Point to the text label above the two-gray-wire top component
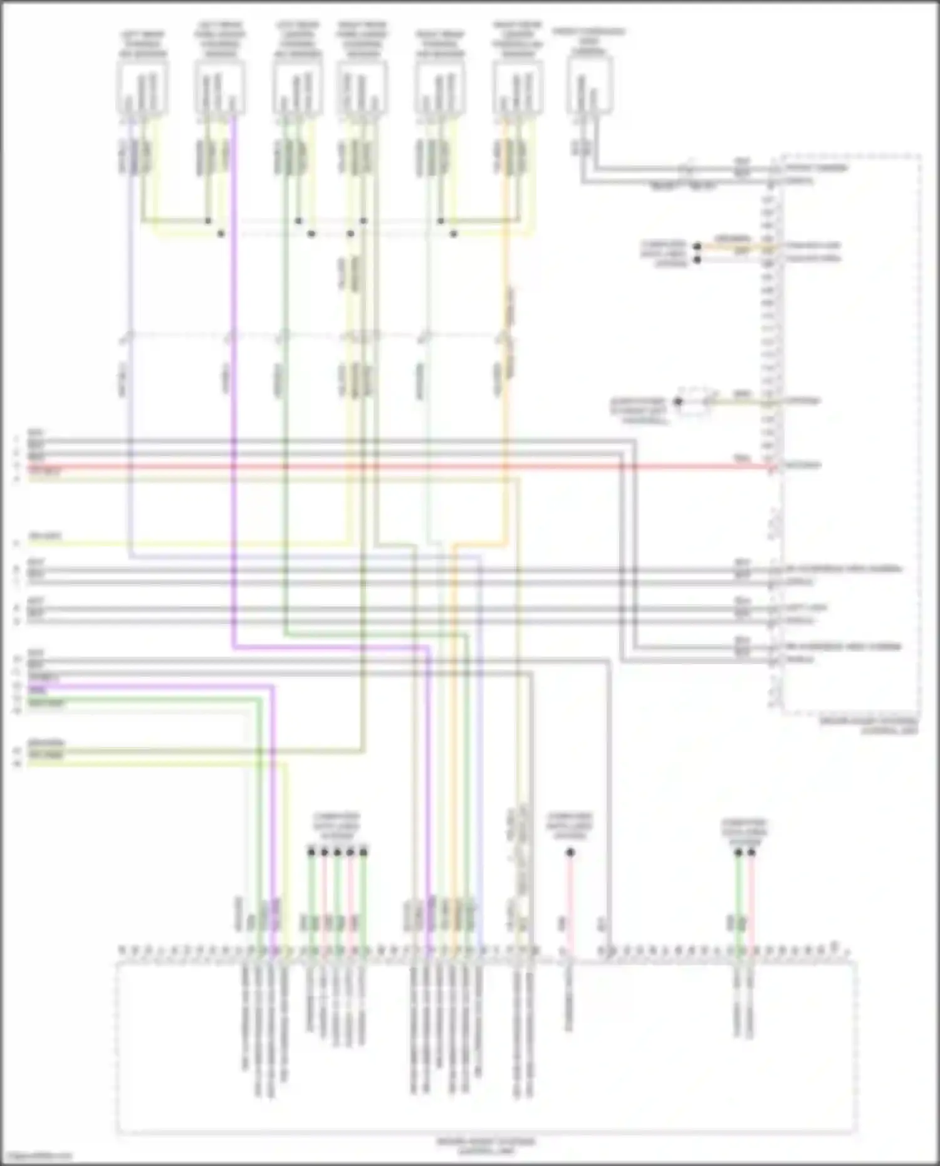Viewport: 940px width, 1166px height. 589,41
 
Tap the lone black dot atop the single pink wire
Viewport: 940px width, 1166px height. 570,853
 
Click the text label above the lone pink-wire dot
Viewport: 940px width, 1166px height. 570,826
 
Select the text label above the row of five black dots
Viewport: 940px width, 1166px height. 337,827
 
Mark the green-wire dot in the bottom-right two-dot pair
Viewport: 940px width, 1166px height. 738,853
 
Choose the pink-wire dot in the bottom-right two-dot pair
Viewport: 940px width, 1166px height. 751,853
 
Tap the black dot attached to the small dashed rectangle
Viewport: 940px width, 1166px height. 678,402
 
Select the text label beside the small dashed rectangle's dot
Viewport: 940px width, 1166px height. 639,410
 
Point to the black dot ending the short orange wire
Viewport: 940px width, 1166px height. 697,247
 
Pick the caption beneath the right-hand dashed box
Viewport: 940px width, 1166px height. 870,726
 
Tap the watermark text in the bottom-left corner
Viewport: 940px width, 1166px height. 36,1157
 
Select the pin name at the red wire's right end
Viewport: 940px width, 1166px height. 803,466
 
